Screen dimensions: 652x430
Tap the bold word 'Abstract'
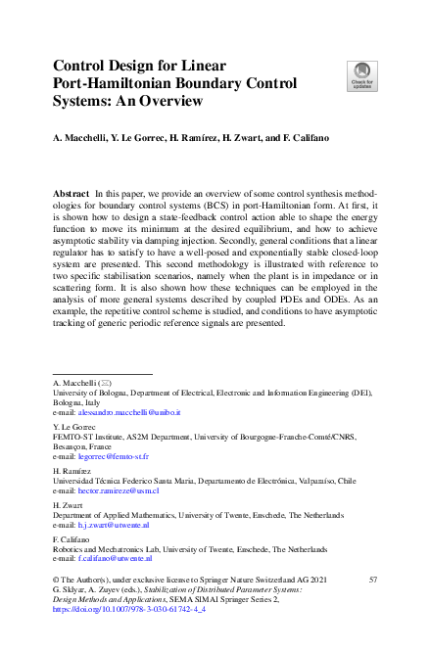coord(73,196)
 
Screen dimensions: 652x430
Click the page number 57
coord(372,581)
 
